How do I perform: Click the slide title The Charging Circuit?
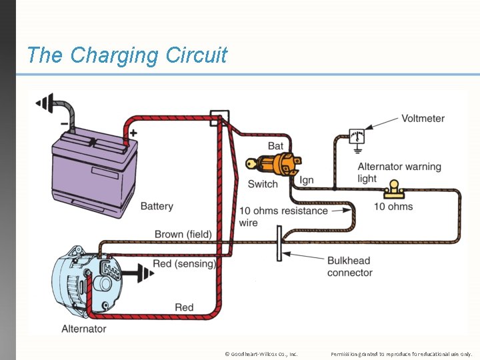127,55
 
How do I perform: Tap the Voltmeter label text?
423,119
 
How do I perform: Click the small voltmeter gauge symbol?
357,135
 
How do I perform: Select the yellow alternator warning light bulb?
394,189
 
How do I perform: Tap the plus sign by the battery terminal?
133,133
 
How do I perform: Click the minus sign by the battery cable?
63,123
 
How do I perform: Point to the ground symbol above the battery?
45,103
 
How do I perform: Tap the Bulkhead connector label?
349,267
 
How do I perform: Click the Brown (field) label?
183,234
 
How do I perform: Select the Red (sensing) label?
184,264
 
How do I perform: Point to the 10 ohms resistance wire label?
283,217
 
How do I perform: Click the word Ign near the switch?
306,180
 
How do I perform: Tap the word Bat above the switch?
275,146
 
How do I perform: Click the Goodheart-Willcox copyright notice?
261,353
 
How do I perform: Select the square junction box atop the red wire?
219,118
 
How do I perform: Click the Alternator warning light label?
399,173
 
